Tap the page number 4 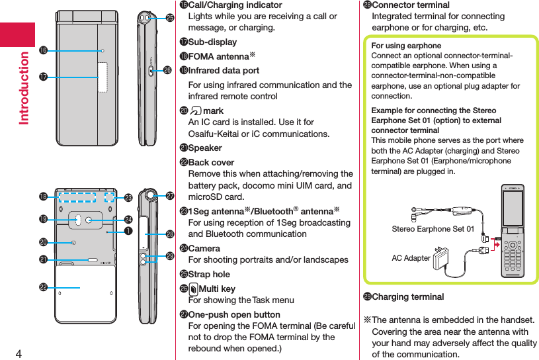[x=19, y=352]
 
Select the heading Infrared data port [x=224, y=70]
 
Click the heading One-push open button [x=234, y=314]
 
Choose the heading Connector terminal [x=411, y=5]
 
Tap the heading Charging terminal [x=407, y=296]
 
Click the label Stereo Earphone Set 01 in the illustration [x=433, y=229]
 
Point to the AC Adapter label [x=411, y=258]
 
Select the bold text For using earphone [x=406, y=46]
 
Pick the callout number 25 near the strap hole [x=169, y=18]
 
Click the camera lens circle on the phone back [x=88, y=219]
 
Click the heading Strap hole [x=209, y=274]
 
